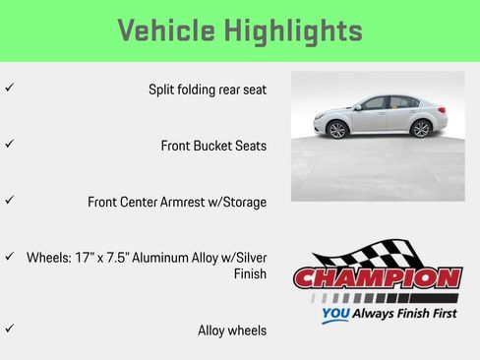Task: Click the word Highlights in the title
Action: [x=295, y=30]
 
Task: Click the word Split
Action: [x=163, y=90]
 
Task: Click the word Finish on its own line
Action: [x=249, y=274]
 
